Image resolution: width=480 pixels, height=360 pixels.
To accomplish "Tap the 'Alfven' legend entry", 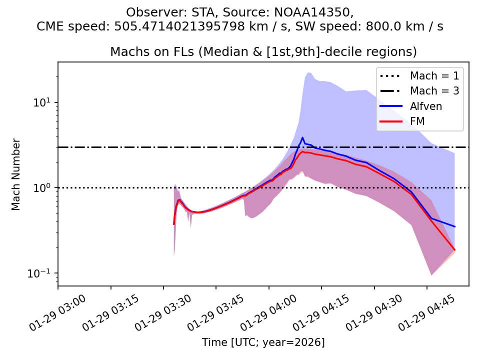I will (x=425, y=106).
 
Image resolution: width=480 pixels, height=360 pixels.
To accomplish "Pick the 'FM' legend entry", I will (x=417, y=121).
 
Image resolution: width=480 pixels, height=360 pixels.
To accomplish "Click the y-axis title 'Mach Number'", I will (x=16, y=174).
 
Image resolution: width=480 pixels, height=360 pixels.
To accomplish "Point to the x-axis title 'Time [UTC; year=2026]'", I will (x=263, y=342).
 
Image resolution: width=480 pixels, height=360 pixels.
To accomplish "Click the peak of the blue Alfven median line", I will (x=302, y=137).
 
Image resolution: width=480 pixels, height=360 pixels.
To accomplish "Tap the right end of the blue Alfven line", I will (x=454, y=226).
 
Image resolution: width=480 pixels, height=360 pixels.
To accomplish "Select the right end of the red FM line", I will (x=454, y=249).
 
